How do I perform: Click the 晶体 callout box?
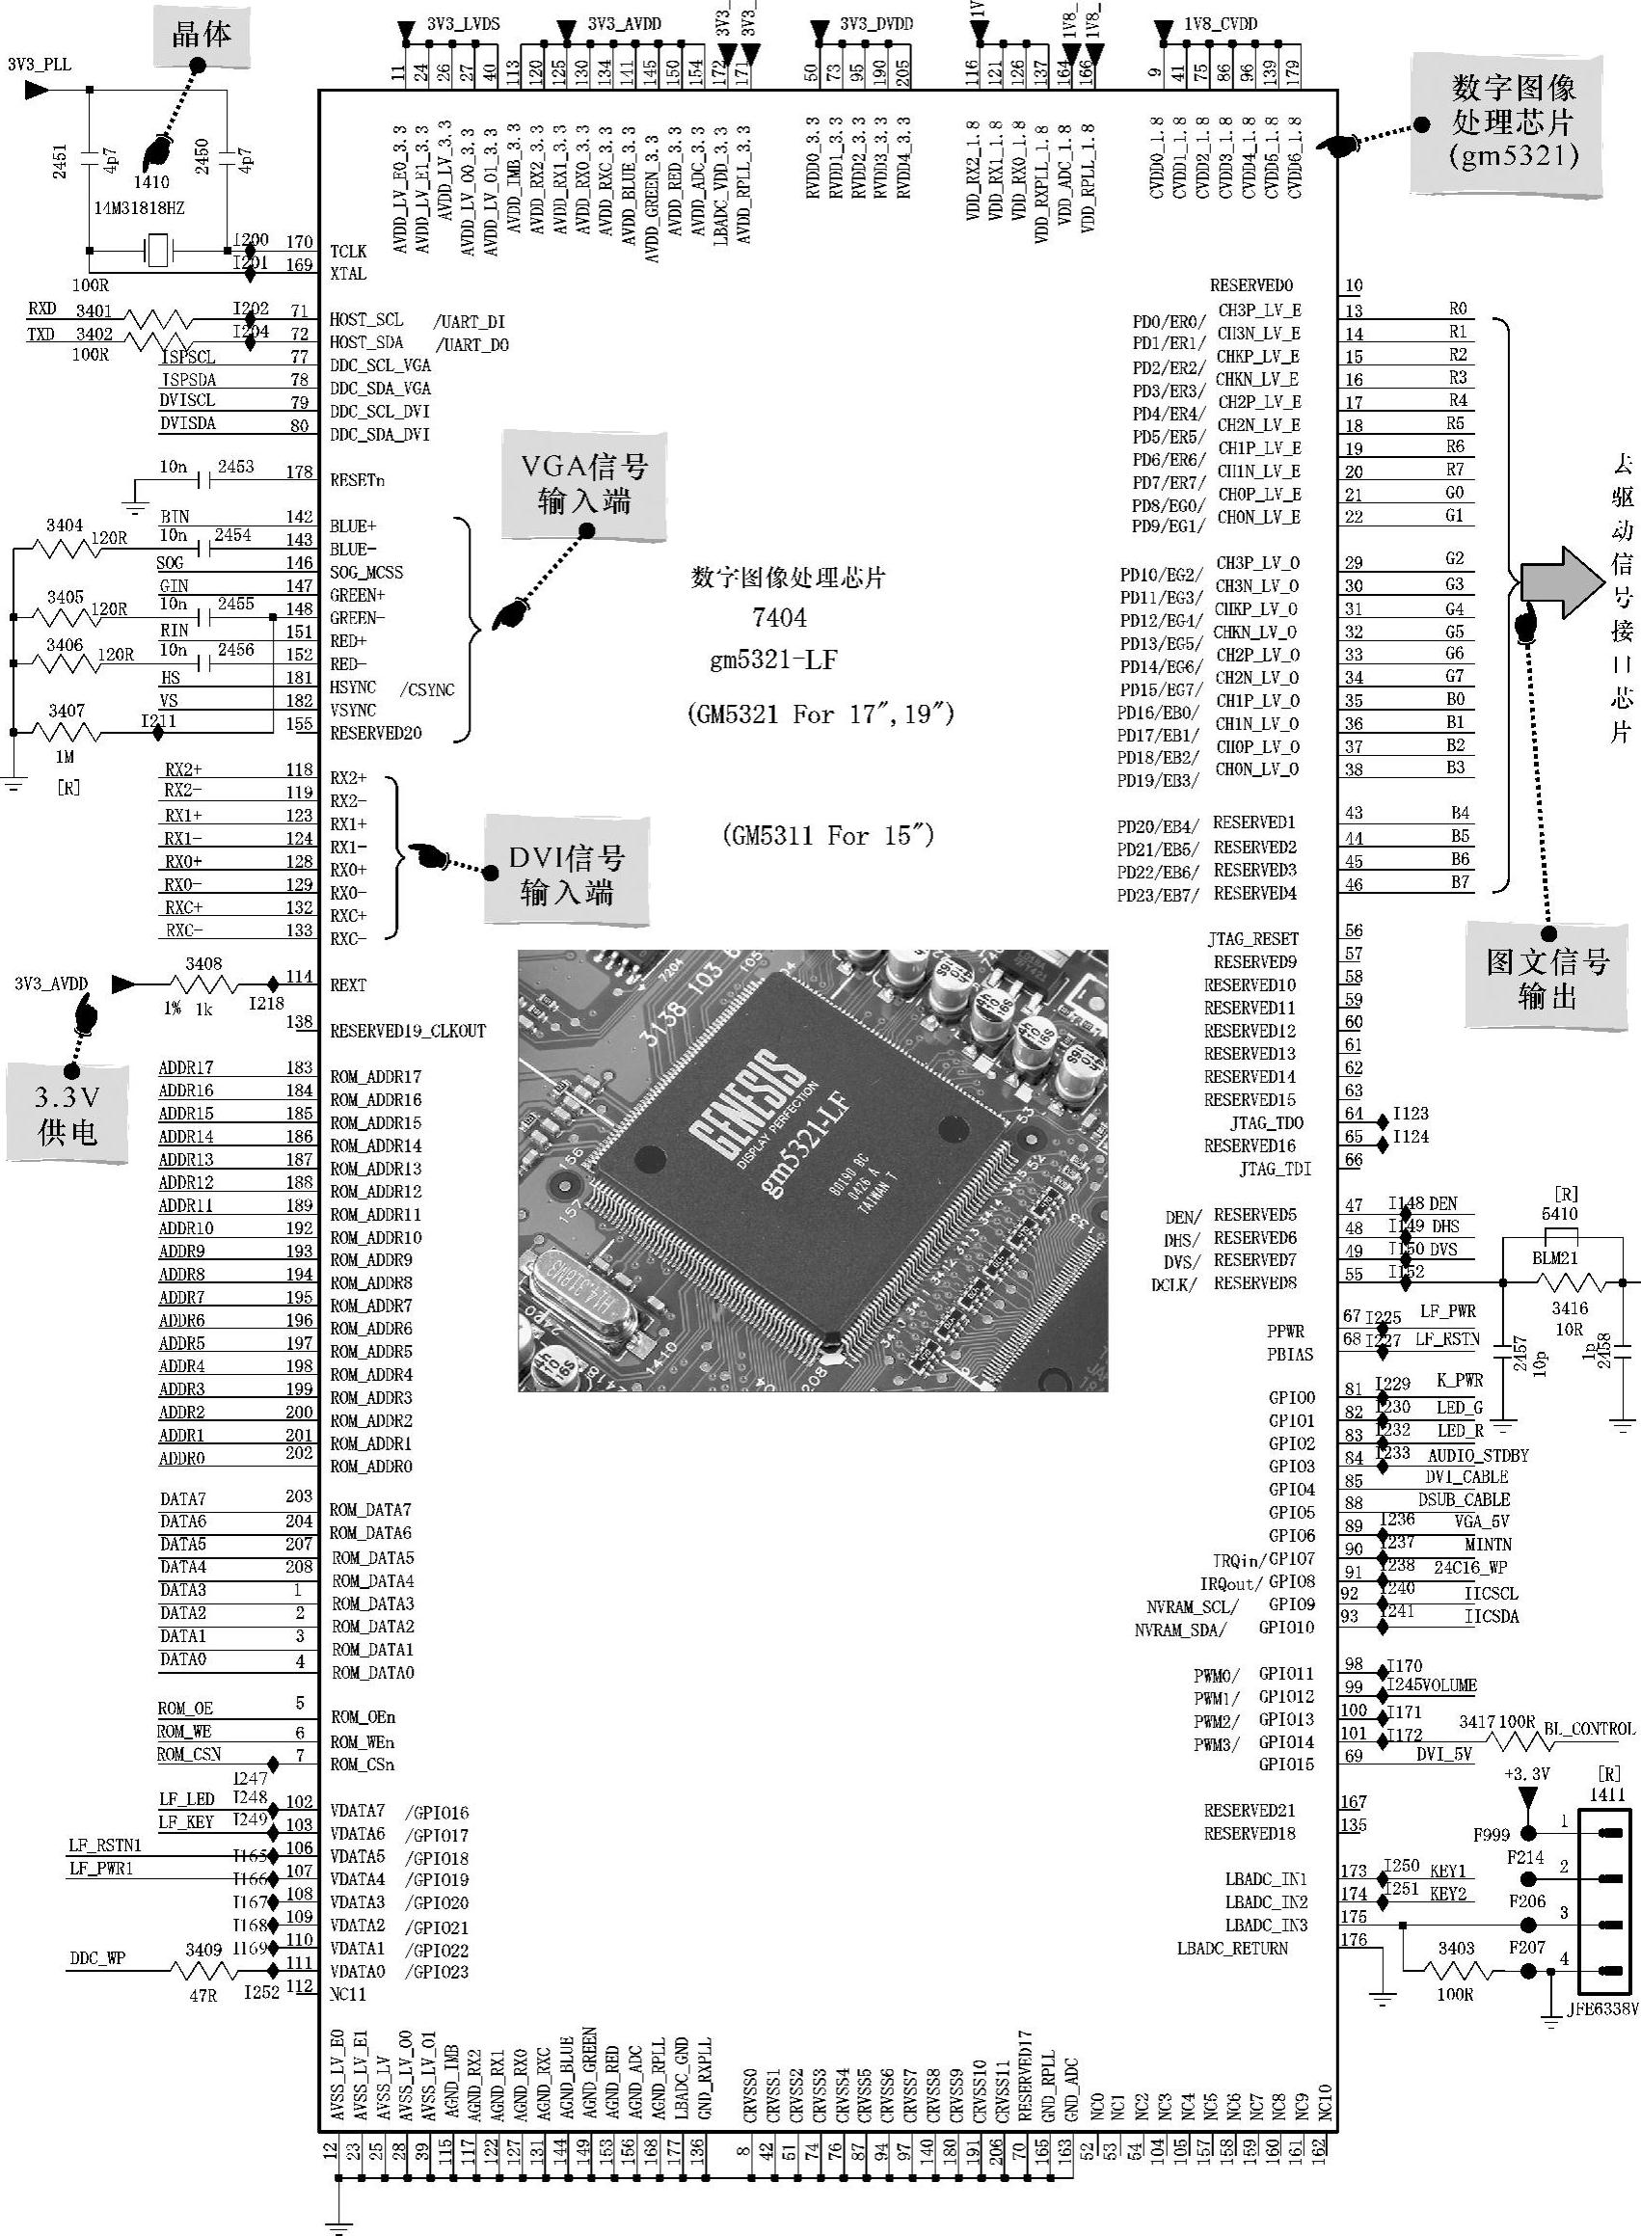coord(202,37)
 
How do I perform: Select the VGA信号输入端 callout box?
coord(584,484)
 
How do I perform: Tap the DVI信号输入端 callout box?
coord(566,875)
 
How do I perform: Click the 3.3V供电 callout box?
coord(67,1114)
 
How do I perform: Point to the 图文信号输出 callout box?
coord(1547,978)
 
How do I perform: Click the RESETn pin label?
coord(358,480)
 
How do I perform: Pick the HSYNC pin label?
coord(353,687)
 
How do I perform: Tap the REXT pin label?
coord(348,985)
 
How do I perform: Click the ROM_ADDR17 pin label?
coord(375,1077)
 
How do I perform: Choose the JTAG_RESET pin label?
coord(1252,939)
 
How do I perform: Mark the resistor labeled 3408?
coord(203,984)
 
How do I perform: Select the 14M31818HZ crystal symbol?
coord(159,250)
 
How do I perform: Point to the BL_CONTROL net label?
coord(1588,1729)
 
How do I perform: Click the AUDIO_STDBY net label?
coord(1478,1455)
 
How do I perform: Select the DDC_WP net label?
coord(97,1959)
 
